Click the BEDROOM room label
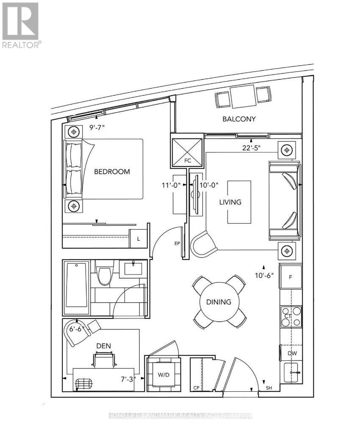pos(112,172)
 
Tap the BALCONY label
pos(239,119)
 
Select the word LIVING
pos(230,202)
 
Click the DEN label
pos(103,346)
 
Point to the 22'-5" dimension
pos(252,148)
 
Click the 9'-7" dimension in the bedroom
pos(97,127)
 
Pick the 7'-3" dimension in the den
pos(128,379)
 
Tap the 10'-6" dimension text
pos(264,276)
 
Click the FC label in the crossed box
pos(188,161)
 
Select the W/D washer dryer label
pos(163,375)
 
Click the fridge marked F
pos(291,277)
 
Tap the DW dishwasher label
pos(292,354)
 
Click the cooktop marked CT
pos(291,316)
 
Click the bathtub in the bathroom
pos(77,288)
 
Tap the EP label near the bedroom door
pos(177,244)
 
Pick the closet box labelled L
pos(138,239)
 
